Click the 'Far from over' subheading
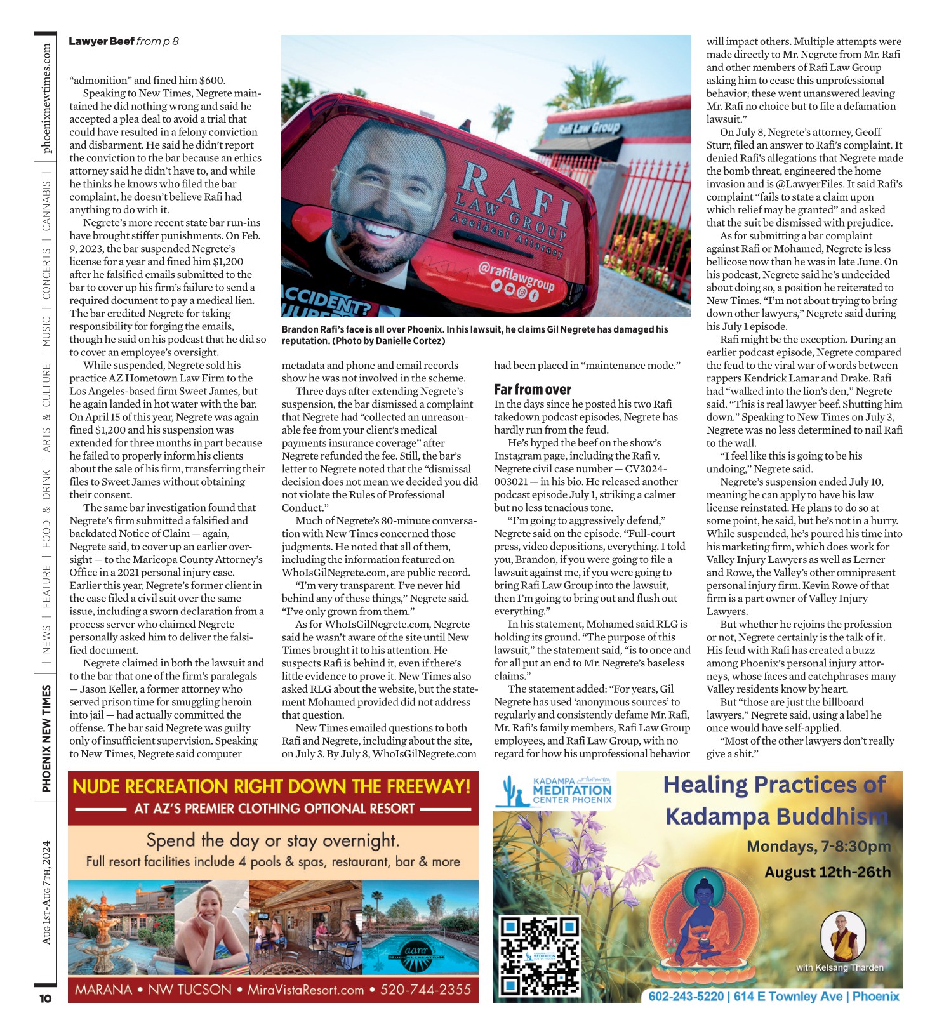point(532,389)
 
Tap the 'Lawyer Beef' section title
point(102,41)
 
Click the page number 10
point(45,998)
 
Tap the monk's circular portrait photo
point(843,936)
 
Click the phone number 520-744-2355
point(425,990)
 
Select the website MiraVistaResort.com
point(305,990)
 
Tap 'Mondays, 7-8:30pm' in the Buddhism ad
point(818,846)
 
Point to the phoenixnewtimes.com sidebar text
point(46,98)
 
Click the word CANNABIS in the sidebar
point(46,206)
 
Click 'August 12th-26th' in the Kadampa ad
point(827,872)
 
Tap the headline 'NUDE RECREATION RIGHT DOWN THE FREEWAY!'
point(272,786)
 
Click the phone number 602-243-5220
point(686,996)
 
